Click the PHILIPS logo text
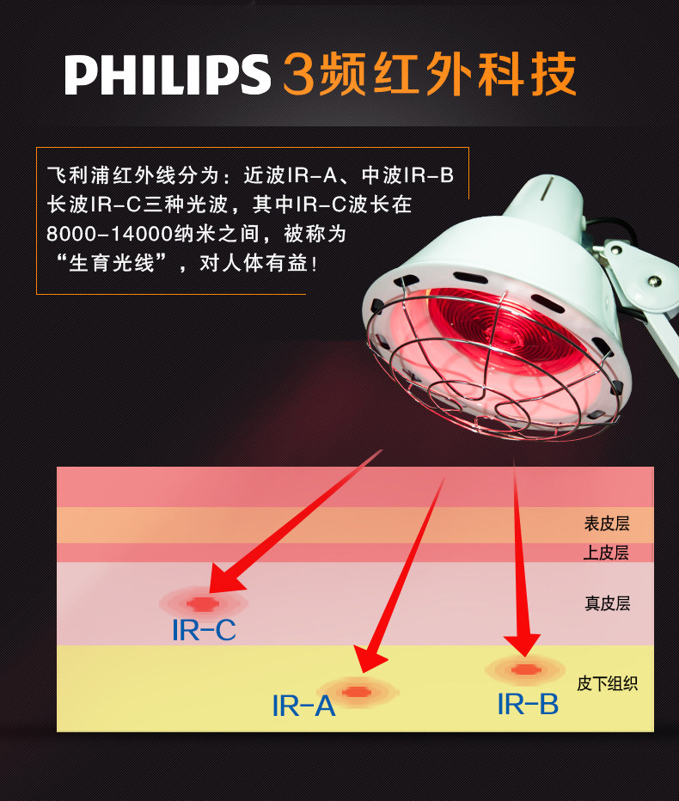tap(167, 75)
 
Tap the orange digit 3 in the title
tap(299, 74)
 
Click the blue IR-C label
tap(204, 630)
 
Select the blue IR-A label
tap(303, 706)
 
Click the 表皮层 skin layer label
tap(607, 523)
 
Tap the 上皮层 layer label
tap(606, 553)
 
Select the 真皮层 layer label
tap(608, 603)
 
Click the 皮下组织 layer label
tap(608, 683)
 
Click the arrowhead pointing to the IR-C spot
tap(225, 580)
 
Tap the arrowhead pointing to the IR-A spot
tap(368, 658)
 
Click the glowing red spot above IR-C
tap(204, 603)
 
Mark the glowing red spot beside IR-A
tap(357, 692)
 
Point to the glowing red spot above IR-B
tap(524, 670)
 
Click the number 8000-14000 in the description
tap(109, 235)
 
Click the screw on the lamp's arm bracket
tap(654, 280)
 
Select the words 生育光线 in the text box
tap(112, 264)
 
